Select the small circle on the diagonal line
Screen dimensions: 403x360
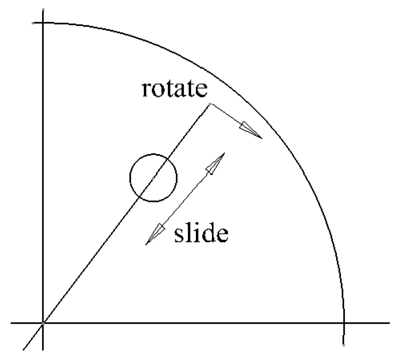pos(153,178)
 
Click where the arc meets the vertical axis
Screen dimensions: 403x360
pos(43,23)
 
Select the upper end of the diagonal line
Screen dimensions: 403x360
pos(210,104)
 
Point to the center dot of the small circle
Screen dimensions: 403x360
pos(153,178)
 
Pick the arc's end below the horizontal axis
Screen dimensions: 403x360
pos(344,345)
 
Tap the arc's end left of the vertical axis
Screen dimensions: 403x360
pos(33,23)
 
